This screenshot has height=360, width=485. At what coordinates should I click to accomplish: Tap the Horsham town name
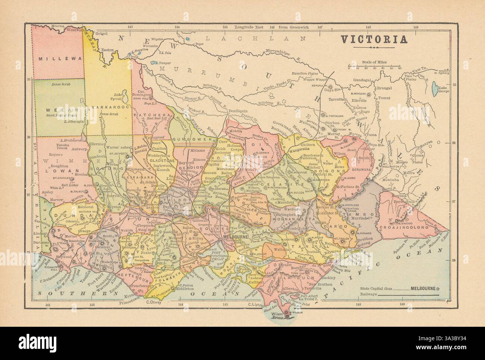(x=80, y=174)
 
